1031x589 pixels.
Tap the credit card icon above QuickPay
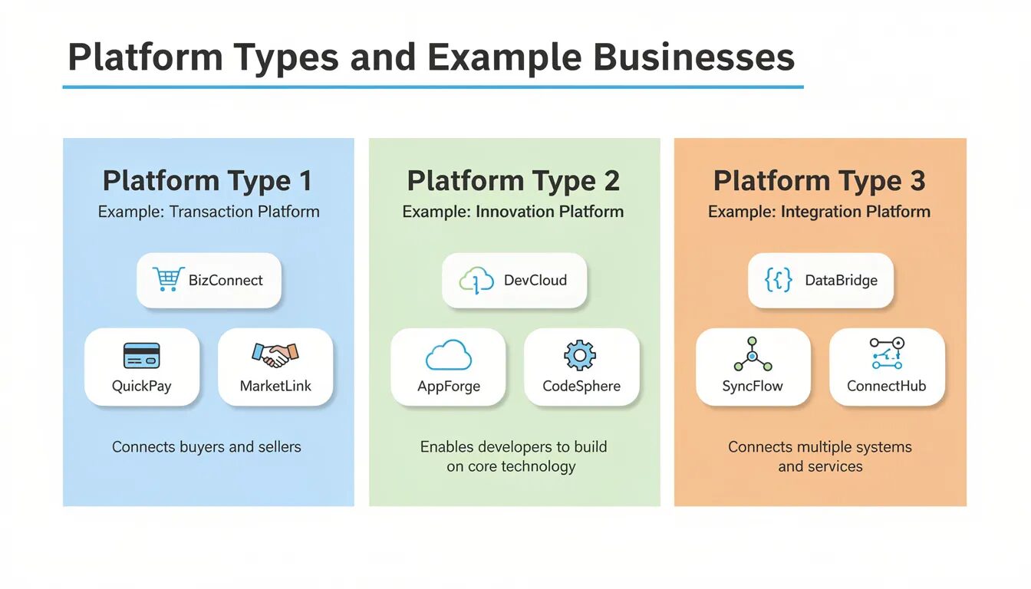click(141, 355)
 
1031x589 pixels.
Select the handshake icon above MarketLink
click(275, 354)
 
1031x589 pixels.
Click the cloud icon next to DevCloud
click(476, 281)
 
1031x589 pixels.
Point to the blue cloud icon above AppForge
click(448, 356)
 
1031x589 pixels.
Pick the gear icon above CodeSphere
click(580, 355)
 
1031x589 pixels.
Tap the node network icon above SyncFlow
click(753, 355)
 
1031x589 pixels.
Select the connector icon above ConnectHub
click(887, 354)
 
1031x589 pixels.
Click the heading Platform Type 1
click(208, 181)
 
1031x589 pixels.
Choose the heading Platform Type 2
click(513, 181)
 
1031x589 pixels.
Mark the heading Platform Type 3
click(819, 181)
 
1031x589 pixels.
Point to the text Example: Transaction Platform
click(209, 212)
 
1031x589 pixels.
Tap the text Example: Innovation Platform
click(513, 212)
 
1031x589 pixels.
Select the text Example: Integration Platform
click(819, 212)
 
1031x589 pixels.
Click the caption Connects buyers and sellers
click(206, 446)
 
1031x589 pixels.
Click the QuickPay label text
click(141, 386)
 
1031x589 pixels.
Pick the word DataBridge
click(841, 281)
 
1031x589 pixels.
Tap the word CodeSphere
click(581, 386)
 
